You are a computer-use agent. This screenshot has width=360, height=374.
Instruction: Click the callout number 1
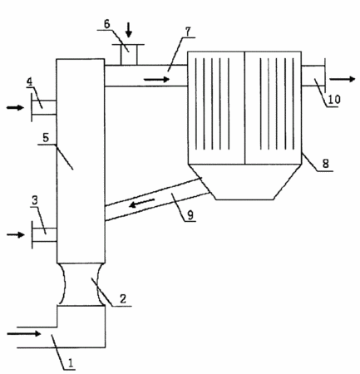pos(71,362)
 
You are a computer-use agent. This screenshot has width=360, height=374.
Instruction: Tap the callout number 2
pos(123,298)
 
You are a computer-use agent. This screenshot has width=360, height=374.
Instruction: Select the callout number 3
pos(35,200)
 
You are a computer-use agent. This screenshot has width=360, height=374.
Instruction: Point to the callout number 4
pos(30,82)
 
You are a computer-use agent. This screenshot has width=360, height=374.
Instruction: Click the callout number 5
pos(46,138)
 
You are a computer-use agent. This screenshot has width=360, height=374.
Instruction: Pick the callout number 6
pos(107,24)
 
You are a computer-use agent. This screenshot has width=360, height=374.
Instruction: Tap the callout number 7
pos(188,32)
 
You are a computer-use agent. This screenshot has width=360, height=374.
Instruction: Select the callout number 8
pos(326,164)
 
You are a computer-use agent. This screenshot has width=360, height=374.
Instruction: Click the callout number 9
pos(190,215)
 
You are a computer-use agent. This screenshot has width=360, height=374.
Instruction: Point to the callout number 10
pos(334,100)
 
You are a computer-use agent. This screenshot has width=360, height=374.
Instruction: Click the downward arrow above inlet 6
pos(128,30)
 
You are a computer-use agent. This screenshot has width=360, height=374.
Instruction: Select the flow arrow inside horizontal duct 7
pos(156,80)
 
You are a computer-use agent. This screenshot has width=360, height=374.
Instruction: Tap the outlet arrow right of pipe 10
pos(343,79)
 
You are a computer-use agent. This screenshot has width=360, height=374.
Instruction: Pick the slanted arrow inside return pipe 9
pos(142,203)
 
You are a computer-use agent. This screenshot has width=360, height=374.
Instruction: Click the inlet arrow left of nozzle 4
pos(16,107)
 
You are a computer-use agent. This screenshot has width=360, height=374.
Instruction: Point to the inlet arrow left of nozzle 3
pos(16,235)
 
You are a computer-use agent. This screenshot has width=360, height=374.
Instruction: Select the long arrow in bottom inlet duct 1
pos(24,334)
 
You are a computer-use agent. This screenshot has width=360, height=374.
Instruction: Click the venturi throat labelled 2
pos(81,284)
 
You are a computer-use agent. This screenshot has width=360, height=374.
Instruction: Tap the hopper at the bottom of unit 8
pos(244,182)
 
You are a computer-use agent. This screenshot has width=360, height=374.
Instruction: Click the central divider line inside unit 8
pos(244,108)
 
